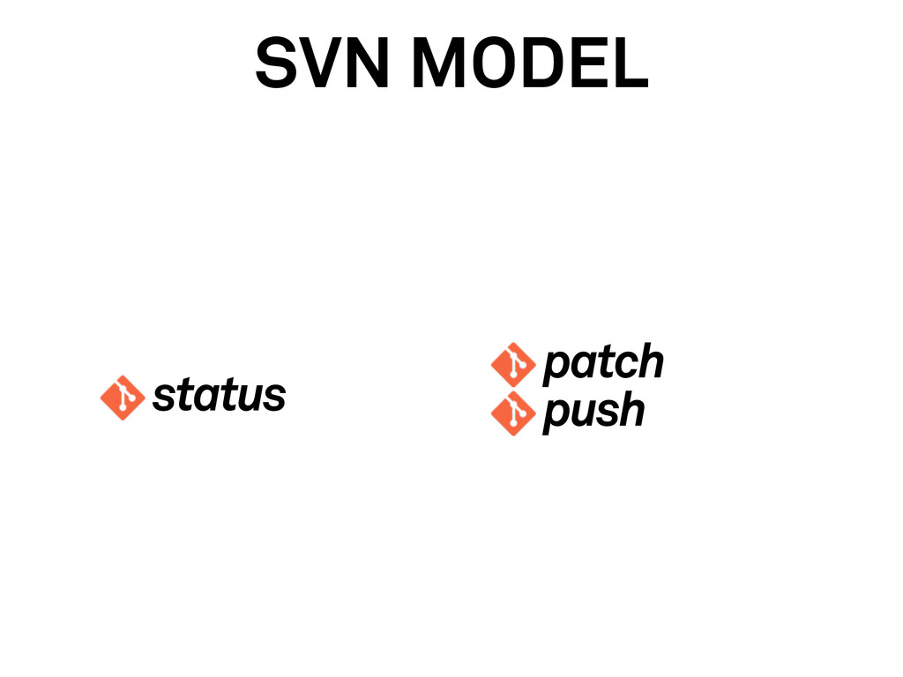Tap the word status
[219, 397]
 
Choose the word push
[593, 412]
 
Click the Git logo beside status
[123, 398]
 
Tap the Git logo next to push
[513, 413]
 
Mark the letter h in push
[630, 411]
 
